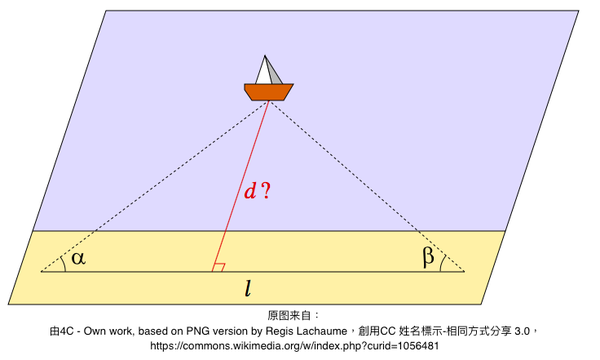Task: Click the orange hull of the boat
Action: click(269, 92)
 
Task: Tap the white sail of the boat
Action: click(263, 73)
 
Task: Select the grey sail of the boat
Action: click(275, 75)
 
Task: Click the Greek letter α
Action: click(78, 258)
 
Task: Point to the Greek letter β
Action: click(428, 256)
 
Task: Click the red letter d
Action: click(250, 191)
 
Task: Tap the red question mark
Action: click(265, 191)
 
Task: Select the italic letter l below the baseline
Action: click(248, 288)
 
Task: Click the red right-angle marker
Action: click(219, 267)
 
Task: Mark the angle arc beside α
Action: click(64, 263)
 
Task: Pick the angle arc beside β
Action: click(442, 263)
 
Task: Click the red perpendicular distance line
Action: click(240, 186)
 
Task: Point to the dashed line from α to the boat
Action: click(155, 186)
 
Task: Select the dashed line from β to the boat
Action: click(367, 186)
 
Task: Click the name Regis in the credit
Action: click(278, 331)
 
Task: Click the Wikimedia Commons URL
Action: click(294, 346)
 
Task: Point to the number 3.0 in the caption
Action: click(522, 331)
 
